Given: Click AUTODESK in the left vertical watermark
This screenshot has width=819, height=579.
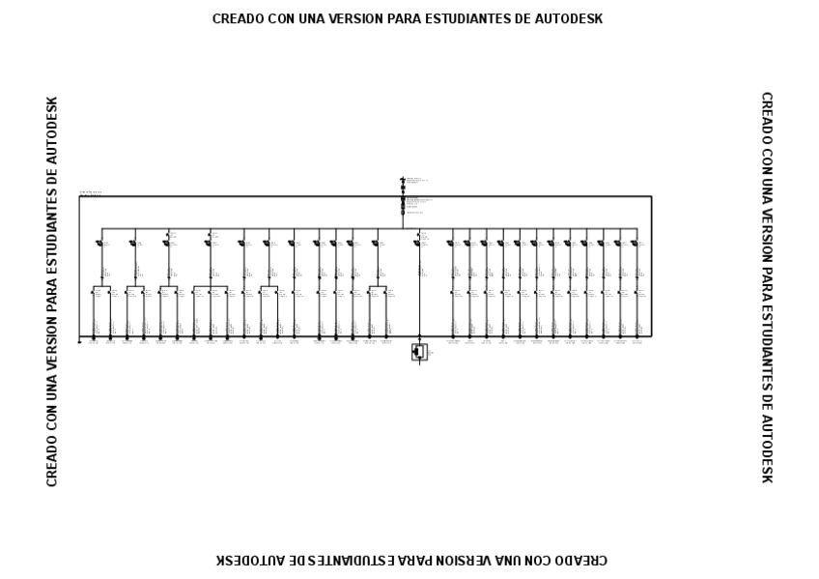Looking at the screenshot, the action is click(x=52, y=130).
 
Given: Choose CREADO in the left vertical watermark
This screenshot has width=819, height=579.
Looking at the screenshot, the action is click(x=52, y=461).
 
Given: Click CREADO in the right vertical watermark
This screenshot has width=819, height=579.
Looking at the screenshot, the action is click(x=766, y=117).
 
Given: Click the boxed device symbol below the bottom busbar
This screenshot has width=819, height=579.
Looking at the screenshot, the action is click(x=419, y=352).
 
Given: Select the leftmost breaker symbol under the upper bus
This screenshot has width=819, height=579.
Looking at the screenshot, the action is click(x=99, y=244).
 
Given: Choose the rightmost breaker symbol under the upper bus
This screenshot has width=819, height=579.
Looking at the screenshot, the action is click(x=635, y=244).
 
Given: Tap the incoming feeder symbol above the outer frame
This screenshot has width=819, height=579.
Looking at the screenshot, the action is click(x=403, y=184).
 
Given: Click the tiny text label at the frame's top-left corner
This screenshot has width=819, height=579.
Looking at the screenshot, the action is click(x=91, y=193).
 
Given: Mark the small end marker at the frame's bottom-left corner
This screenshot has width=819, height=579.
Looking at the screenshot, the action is click(x=80, y=342).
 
